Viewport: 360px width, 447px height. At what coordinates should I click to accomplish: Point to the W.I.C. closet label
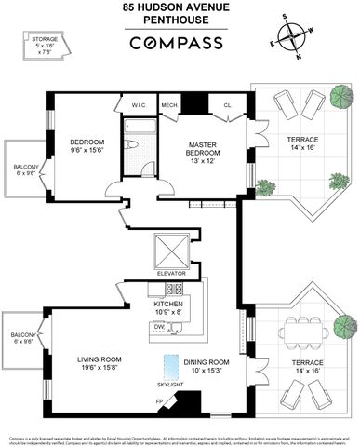point(139,104)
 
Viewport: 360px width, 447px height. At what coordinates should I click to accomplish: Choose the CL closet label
point(227,104)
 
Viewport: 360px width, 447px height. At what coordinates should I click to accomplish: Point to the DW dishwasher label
point(160,327)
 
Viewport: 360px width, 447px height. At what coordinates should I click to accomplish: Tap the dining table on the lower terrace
point(303,331)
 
